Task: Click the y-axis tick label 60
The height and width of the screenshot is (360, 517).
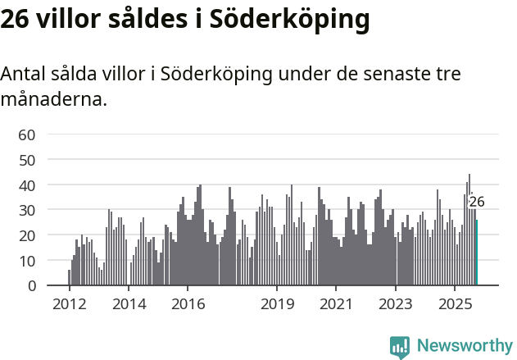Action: point(27,134)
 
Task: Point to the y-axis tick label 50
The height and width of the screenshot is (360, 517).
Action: point(27,160)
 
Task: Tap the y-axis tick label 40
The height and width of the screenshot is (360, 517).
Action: point(27,185)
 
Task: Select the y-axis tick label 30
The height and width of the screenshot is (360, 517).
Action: point(27,210)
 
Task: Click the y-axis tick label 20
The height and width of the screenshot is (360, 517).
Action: point(27,235)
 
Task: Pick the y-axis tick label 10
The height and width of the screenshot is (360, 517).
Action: point(27,261)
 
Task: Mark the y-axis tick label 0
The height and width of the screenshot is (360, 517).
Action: point(31,286)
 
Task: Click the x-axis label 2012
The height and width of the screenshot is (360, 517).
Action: point(69,304)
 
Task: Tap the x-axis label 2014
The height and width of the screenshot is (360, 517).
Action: point(128,304)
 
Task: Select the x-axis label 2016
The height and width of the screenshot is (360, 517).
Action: point(188,304)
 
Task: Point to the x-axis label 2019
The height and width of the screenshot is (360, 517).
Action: point(277,304)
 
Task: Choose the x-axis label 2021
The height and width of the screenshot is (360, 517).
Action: point(336,304)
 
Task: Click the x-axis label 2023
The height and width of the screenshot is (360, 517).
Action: point(396,304)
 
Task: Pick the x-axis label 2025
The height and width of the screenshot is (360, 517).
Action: point(455,304)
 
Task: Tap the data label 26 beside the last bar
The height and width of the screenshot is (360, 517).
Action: point(477,202)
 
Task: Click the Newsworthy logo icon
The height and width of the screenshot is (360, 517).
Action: point(400,346)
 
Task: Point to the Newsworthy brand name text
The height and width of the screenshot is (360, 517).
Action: point(465,346)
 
